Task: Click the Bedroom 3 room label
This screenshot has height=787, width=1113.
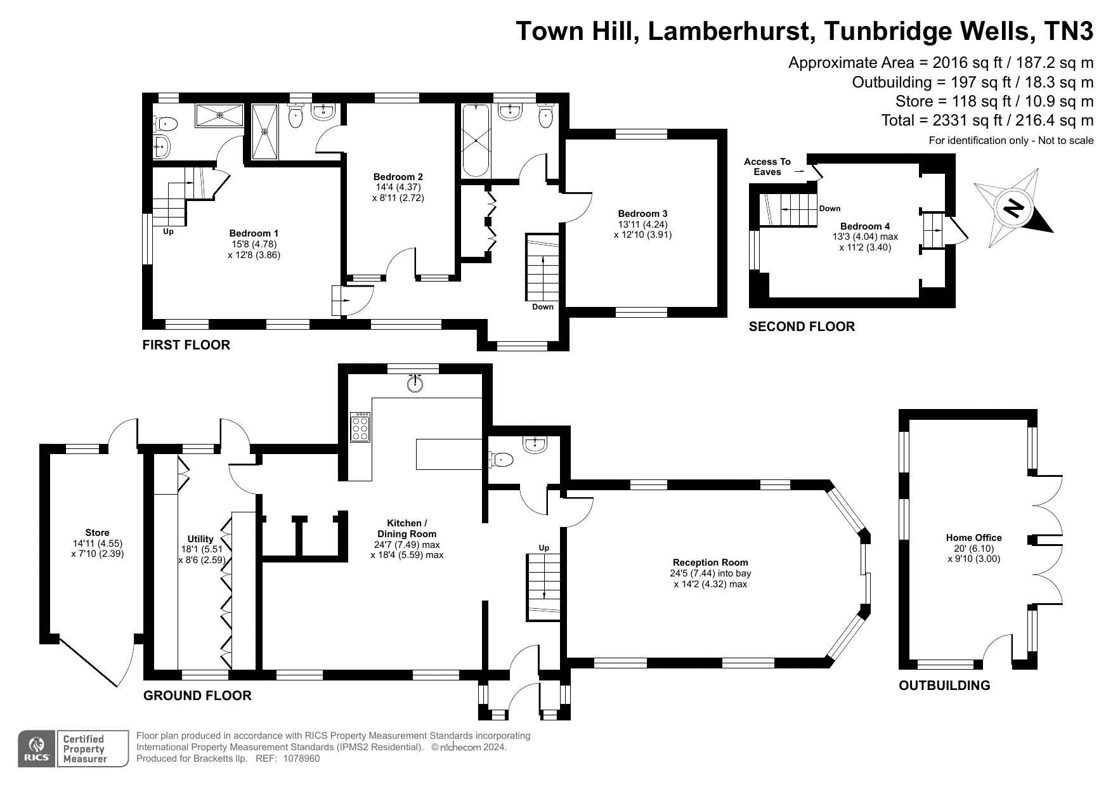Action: [642, 214]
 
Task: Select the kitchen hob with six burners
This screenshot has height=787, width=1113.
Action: [360, 427]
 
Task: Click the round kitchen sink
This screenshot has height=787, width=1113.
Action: [415, 383]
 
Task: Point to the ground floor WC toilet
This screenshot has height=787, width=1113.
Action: [500, 459]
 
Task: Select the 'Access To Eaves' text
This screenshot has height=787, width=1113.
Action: [767, 167]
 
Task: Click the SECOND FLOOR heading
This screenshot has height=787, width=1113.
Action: [802, 327]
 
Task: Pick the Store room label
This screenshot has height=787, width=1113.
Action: [97, 533]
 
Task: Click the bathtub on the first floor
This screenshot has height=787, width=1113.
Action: [476, 141]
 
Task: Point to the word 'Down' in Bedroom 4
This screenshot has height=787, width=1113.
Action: [830, 209]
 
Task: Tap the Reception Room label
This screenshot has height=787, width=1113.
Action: [710, 563]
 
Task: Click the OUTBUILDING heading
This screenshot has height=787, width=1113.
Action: [944, 685]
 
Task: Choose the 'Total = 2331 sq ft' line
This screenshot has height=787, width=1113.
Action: [987, 120]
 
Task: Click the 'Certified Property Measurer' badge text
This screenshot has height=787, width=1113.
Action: [83, 749]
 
